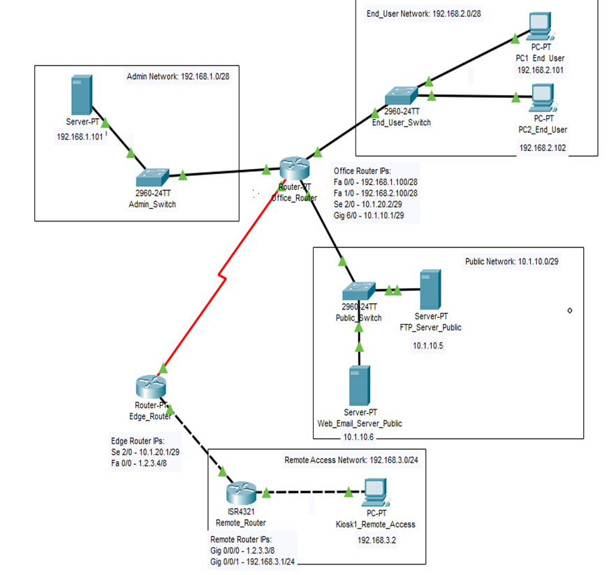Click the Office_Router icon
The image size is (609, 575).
click(293, 168)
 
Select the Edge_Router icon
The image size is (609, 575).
click(150, 386)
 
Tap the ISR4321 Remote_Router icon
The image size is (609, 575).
click(237, 493)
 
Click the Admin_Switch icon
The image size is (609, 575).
click(152, 177)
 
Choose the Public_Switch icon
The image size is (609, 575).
click(359, 291)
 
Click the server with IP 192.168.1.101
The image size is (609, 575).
click(80, 96)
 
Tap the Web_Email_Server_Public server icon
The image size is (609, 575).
click(360, 386)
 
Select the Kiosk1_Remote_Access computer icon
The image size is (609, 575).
click(374, 492)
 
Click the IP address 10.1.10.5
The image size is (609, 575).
click(427, 345)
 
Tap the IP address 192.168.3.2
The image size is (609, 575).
click(374, 540)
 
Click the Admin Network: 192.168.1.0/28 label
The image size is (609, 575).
click(178, 75)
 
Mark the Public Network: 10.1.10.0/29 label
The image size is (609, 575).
click(513, 261)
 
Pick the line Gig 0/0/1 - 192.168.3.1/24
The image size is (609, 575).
click(253, 560)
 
